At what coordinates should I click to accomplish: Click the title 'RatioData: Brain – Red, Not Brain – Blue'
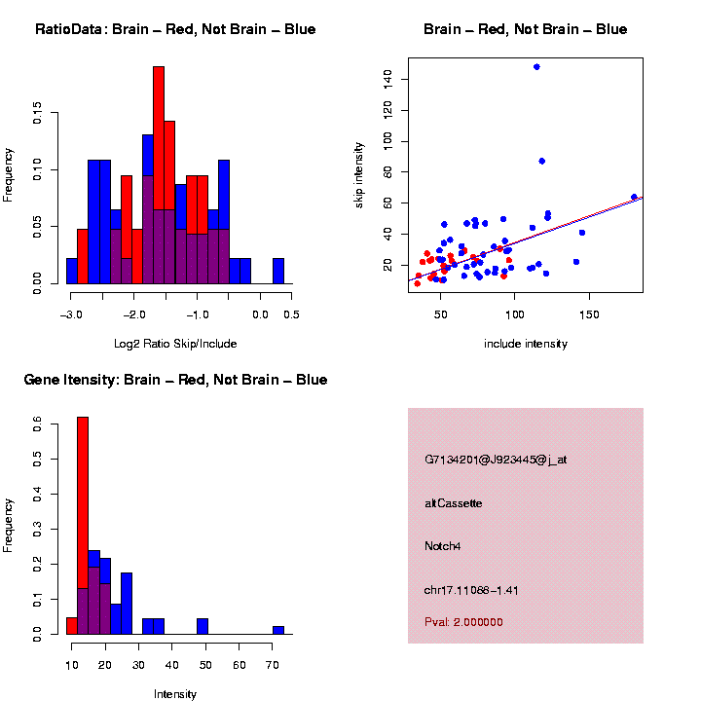(x=175, y=29)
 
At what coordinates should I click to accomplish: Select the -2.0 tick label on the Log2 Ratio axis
(x=134, y=314)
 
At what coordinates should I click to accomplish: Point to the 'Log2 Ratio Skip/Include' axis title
(x=175, y=343)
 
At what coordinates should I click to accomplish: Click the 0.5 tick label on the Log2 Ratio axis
(x=290, y=314)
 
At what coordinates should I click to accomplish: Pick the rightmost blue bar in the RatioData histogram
(x=278, y=272)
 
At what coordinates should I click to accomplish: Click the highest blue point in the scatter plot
(x=536, y=67)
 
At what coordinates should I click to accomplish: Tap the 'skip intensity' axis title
(x=359, y=174)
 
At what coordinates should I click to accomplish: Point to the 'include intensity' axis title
(x=526, y=343)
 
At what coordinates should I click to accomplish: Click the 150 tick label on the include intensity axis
(x=587, y=314)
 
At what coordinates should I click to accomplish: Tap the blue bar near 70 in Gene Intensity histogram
(x=278, y=630)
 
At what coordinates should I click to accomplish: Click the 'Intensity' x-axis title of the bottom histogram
(x=175, y=694)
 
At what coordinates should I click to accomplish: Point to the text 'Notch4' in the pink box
(x=443, y=546)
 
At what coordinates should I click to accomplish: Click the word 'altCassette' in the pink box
(x=454, y=503)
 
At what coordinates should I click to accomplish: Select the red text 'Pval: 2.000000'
(x=464, y=622)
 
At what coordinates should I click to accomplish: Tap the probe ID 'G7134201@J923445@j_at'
(x=496, y=460)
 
